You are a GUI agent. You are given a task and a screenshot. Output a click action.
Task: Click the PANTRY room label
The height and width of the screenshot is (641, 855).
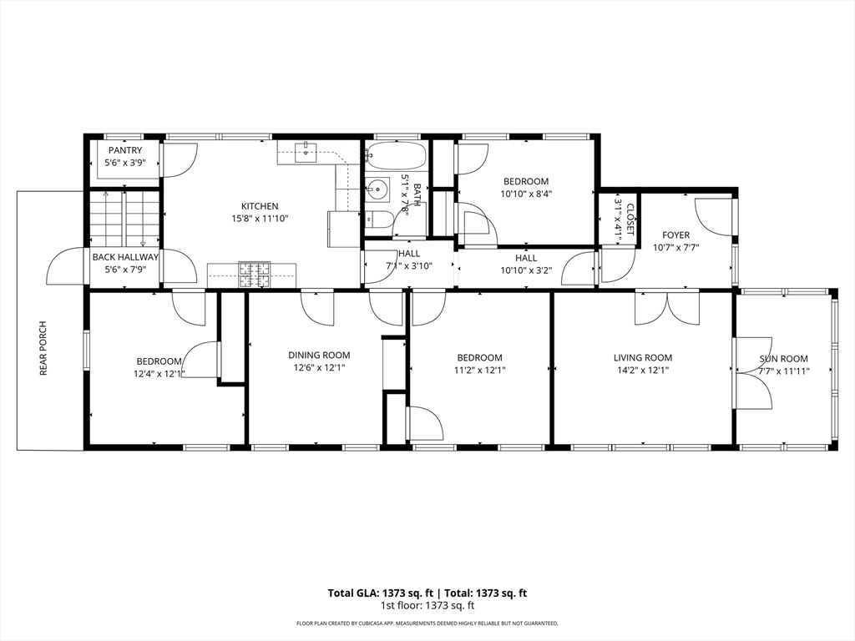click(125, 150)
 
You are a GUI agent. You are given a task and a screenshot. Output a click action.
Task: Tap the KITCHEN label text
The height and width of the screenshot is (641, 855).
click(260, 207)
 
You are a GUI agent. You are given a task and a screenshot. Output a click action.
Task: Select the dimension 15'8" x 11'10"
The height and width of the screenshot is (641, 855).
click(260, 219)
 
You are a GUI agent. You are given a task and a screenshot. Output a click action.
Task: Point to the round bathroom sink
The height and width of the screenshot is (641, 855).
click(377, 191)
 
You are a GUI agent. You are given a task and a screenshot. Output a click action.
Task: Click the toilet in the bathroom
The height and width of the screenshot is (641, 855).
click(378, 220)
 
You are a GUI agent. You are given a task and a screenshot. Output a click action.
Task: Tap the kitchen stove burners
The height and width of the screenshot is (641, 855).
click(254, 275)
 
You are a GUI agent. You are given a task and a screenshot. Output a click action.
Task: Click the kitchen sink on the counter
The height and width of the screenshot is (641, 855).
click(306, 152)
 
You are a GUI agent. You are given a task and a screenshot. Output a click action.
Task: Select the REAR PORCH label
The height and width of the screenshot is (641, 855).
click(43, 349)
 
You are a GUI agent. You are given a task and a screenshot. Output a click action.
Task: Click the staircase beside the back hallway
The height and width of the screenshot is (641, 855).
click(125, 218)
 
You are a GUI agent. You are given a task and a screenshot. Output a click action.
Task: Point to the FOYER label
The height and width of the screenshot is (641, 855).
click(675, 235)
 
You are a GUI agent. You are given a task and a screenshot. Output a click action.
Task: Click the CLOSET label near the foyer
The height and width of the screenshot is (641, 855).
click(630, 220)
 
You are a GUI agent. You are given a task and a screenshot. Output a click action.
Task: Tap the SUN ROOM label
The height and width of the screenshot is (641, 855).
click(783, 359)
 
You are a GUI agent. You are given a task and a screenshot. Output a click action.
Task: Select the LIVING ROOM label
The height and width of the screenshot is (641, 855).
click(643, 358)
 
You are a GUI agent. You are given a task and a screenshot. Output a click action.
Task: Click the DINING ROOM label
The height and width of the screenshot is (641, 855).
click(319, 356)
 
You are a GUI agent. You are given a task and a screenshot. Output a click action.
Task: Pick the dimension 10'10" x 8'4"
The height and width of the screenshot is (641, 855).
click(526, 194)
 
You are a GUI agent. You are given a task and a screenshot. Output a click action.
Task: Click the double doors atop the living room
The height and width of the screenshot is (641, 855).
click(667, 309)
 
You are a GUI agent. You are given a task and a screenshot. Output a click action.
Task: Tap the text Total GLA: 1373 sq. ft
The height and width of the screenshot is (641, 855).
click(381, 593)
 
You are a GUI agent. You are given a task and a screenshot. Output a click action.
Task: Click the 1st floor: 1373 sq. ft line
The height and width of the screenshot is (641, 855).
click(427, 605)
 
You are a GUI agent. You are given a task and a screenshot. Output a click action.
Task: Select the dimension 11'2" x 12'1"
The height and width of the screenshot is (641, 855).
click(479, 370)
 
